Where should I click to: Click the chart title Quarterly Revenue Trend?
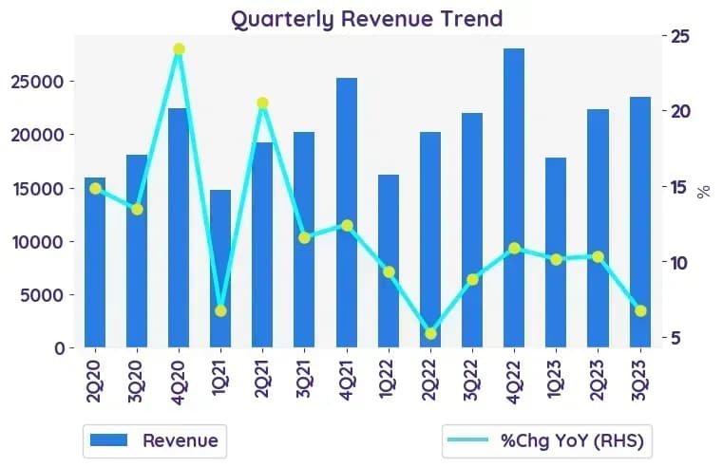point(367,20)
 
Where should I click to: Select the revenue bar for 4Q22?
point(514,197)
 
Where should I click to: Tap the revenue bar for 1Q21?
point(220,269)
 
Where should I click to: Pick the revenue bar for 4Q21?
point(347,213)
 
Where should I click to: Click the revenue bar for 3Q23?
point(640,222)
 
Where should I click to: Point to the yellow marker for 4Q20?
point(179,49)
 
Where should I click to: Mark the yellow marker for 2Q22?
point(430,333)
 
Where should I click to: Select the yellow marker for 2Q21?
point(262,103)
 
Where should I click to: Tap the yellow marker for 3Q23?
point(640,311)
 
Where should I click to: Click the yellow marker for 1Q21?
point(220,311)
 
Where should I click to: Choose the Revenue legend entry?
point(155,440)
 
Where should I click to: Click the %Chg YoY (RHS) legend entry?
point(546,440)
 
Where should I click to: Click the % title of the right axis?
point(704,192)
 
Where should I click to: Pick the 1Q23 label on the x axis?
point(555,379)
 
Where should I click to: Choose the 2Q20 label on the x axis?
point(94,381)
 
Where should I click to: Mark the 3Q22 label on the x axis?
point(471,381)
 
